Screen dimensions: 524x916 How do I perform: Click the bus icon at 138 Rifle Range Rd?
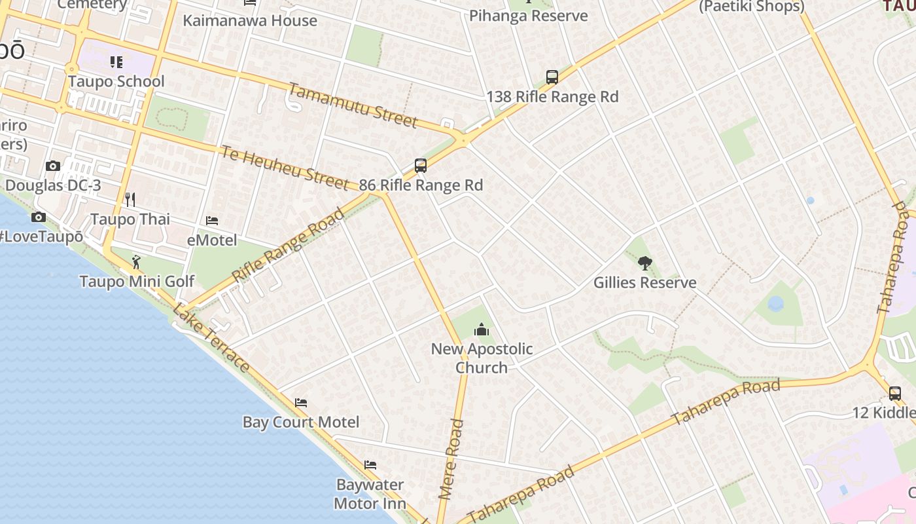[x=552, y=77]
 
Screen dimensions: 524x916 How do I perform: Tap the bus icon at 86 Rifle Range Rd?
[x=421, y=166]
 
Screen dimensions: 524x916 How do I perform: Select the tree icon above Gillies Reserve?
[x=644, y=263]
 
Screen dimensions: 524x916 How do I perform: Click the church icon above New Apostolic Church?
[x=482, y=329]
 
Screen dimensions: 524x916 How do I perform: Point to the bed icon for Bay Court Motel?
[x=301, y=402]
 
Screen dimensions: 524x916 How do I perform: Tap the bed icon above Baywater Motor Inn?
[x=370, y=465]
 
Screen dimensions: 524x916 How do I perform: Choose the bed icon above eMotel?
[x=212, y=221]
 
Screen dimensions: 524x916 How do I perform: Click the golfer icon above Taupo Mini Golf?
[x=136, y=262]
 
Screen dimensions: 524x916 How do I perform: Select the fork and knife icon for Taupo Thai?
[x=130, y=199]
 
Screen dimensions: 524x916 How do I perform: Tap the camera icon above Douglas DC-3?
[x=53, y=166]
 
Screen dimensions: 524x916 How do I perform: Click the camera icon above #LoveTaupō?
[x=39, y=217]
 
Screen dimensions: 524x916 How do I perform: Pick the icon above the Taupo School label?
[x=116, y=62]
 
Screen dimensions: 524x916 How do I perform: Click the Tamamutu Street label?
[x=352, y=105]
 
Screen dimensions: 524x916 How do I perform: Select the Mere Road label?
[x=451, y=459]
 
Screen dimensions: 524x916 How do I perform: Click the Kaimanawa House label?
[x=250, y=20]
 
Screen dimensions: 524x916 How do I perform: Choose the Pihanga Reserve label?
[x=529, y=16]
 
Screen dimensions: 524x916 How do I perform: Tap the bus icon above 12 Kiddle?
[x=895, y=394]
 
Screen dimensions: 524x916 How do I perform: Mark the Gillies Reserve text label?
[x=644, y=283]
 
